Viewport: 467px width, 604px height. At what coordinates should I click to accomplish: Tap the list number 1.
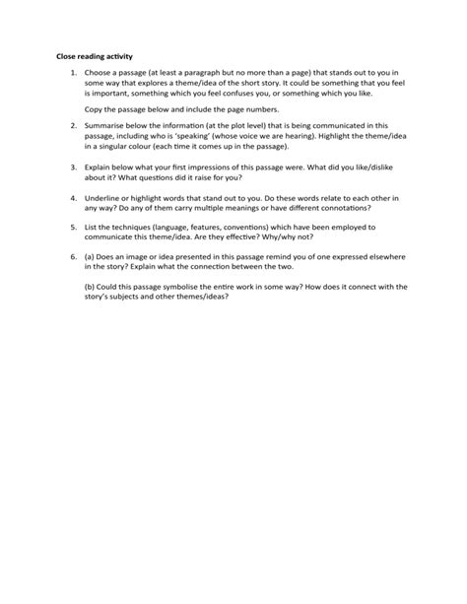tap(74, 74)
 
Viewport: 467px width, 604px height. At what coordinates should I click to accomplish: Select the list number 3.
tap(74, 169)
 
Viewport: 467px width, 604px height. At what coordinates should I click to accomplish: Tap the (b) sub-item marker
tap(92, 288)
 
